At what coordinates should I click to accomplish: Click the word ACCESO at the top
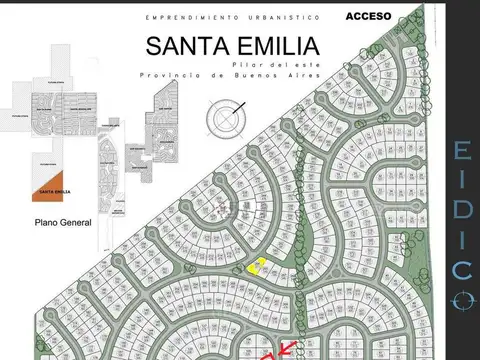[368, 17]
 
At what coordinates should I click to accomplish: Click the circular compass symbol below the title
[226, 119]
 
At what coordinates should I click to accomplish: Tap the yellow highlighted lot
[256, 266]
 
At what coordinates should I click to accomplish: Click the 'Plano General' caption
[62, 224]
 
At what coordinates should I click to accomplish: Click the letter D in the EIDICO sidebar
[461, 211]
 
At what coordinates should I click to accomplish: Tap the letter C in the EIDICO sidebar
[461, 270]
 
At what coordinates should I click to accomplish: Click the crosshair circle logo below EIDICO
[461, 299]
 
